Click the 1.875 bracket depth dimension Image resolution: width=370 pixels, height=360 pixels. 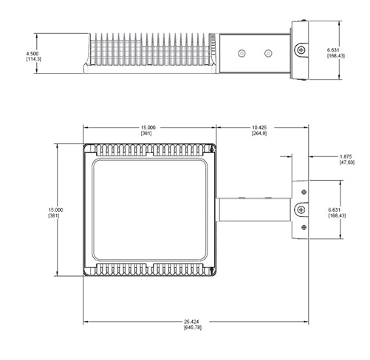tap(345, 157)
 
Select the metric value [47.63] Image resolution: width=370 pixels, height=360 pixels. tap(345, 163)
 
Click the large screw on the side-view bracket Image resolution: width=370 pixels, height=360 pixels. tap(301, 49)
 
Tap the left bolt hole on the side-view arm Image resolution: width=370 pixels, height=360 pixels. tap(241, 52)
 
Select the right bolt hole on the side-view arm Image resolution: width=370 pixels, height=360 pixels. tap(267, 52)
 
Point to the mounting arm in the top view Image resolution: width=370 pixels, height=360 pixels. tap(251, 210)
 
